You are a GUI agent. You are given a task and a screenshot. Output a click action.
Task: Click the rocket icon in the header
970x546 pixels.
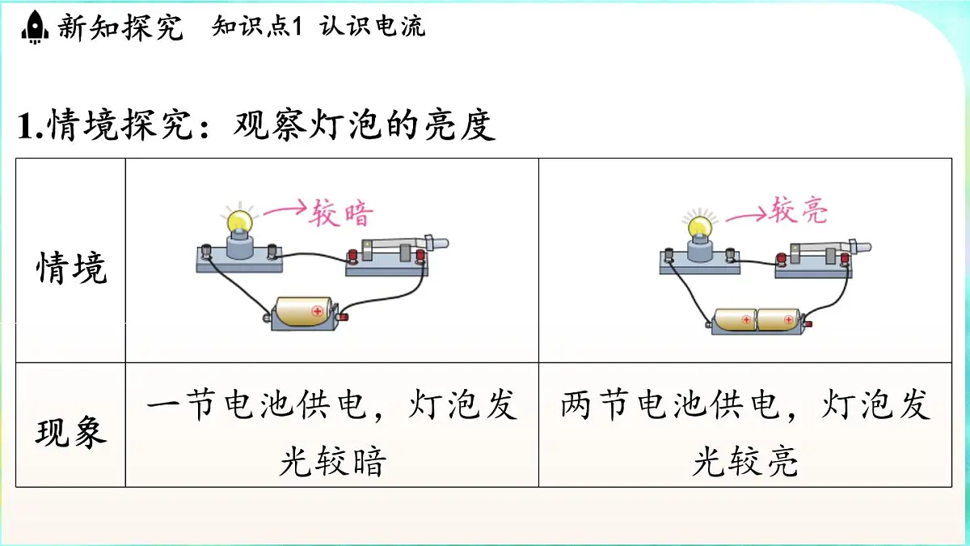[35, 27]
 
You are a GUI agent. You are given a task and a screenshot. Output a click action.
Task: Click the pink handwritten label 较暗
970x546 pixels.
[341, 213]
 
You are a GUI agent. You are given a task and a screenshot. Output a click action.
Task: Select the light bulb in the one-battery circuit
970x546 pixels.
[240, 221]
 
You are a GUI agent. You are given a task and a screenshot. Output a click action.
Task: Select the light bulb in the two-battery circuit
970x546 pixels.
[700, 226]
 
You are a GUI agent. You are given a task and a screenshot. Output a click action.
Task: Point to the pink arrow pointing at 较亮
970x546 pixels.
[746, 214]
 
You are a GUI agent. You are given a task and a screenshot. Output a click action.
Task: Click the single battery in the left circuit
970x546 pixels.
[304, 311]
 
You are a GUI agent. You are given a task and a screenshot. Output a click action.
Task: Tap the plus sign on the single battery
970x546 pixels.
[318, 311]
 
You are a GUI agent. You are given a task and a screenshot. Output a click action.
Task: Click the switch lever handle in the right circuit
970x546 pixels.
[860, 247]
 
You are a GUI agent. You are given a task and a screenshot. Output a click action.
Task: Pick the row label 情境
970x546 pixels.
[71, 269]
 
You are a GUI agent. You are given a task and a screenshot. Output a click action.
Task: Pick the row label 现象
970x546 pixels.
[71, 432]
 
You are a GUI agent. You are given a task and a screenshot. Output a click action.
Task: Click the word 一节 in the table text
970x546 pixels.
[181, 404]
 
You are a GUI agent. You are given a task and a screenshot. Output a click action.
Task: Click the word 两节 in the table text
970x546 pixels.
[595, 404]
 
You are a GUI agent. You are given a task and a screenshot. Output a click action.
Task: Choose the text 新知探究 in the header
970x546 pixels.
[120, 27]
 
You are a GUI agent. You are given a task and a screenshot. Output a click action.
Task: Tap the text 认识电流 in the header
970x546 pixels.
[373, 26]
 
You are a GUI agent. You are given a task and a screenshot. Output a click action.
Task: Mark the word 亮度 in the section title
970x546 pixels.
[460, 125]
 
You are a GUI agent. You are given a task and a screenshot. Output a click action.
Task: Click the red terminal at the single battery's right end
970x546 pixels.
[344, 317]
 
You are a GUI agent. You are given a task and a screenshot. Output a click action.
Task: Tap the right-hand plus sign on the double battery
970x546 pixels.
[789, 320]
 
